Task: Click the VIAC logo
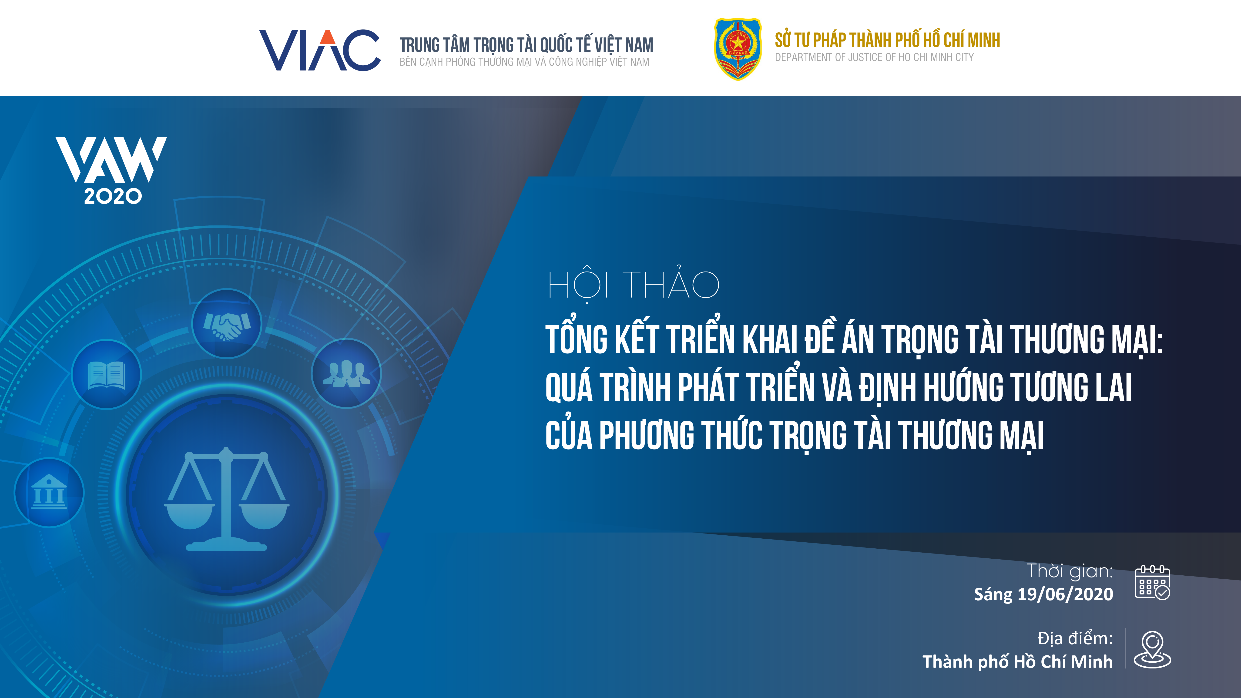point(320,50)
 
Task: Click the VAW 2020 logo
point(111,171)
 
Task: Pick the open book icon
point(107,375)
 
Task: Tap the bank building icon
point(49,492)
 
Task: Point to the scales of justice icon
point(226,499)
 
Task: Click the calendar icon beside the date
point(1152,582)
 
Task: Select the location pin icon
point(1152,650)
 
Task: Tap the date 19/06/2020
point(1065,594)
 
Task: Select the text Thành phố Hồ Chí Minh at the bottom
point(1017,662)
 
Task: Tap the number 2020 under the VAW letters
point(113,196)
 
